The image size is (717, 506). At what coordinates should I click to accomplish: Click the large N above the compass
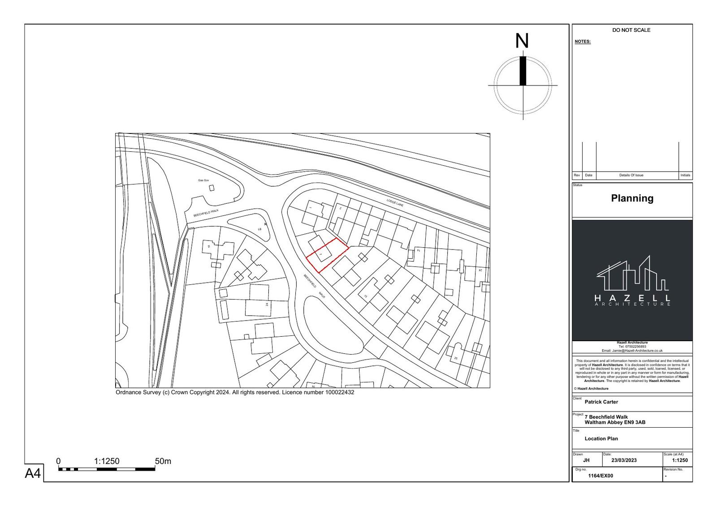[522, 41]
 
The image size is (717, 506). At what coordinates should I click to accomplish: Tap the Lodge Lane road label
[396, 202]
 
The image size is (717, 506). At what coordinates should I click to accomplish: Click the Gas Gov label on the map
[203, 180]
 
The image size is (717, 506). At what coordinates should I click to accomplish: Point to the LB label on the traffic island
[259, 229]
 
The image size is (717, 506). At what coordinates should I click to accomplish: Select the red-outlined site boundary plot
[327, 255]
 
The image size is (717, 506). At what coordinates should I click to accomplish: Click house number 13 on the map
[366, 296]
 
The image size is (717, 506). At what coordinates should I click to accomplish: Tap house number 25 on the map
[456, 358]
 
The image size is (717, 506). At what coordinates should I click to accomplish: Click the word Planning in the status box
[632, 198]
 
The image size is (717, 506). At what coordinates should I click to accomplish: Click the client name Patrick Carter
[601, 402]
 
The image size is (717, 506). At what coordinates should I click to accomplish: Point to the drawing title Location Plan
[601, 438]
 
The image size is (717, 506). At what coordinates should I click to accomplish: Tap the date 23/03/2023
[624, 460]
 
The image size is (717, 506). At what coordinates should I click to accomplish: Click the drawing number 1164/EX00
[600, 476]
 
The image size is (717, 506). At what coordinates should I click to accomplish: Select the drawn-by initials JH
[586, 460]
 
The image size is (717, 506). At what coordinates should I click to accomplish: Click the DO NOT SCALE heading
[631, 30]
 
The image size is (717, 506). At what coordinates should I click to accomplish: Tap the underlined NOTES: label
[583, 42]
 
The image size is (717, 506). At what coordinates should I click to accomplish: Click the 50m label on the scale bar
[163, 461]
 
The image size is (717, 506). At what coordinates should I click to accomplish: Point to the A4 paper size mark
[33, 473]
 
